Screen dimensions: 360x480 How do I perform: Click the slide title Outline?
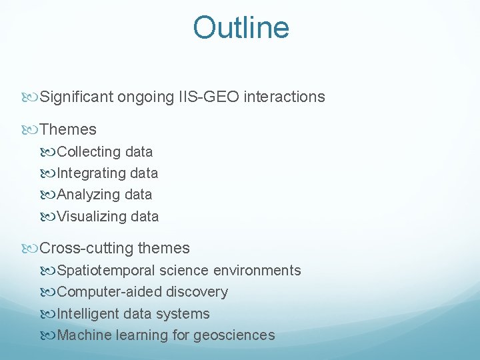pyautogui.click(x=241, y=28)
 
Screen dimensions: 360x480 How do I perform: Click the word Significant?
pyautogui.click(x=77, y=97)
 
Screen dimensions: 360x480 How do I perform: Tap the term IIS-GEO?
pyautogui.click(x=206, y=97)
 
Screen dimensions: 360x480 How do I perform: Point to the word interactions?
pyautogui.click(x=285, y=97)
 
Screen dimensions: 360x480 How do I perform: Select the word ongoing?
pyautogui.click(x=145, y=97)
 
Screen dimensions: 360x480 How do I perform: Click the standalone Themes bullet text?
pyautogui.click(x=68, y=129)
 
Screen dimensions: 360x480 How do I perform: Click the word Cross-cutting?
pyautogui.click(x=87, y=249)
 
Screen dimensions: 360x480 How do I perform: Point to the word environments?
pyautogui.click(x=257, y=271)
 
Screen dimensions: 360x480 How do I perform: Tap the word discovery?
pyautogui.click(x=197, y=292)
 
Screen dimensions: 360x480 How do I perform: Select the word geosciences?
pyautogui.click(x=234, y=335)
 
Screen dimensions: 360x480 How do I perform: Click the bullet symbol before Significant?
pyautogui.click(x=33, y=97)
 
